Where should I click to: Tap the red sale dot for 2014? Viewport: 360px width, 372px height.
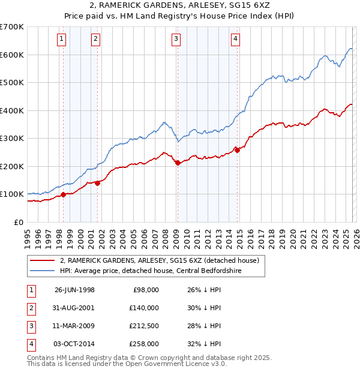(x=237, y=150)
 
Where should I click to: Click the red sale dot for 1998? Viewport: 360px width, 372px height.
(x=64, y=194)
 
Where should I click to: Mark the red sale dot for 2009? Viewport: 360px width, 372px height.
(x=178, y=163)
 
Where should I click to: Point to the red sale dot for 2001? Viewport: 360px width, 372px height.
(x=97, y=183)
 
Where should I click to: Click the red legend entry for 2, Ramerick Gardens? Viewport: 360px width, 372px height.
(x=159, y=261)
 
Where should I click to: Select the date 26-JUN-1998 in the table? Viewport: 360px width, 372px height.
(x=74, y=289)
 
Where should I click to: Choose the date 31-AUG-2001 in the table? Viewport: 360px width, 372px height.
(x=74, y=308)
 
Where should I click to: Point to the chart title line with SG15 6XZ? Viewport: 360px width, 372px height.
(x=180, y=6)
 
